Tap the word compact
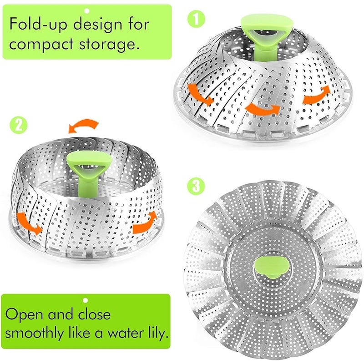pyautogui.click(x=41, y=44)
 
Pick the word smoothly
pyautogui.click(x=35, y=333)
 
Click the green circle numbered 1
pyautogui.click(x=196, y=19)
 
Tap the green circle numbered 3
pyautogui.click(x=196, y=186)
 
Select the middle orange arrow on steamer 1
pyautogui.click(x=263, y=109)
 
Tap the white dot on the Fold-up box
pyautogui.click(x=86, y=11)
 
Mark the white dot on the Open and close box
pyautogui.click(x=86, y=300)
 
